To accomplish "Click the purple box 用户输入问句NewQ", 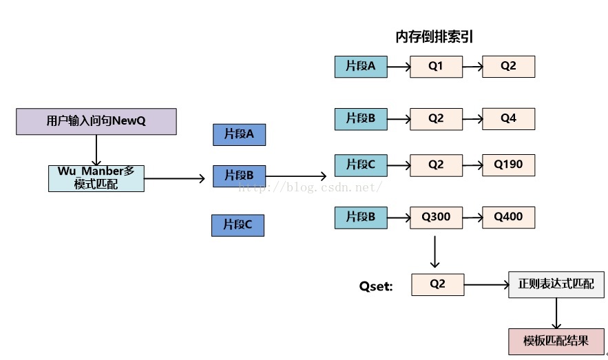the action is click(x=96, y=121).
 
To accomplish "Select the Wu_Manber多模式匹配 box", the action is click(x=96, y=178).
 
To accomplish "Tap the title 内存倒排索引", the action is click(x=434, y=36).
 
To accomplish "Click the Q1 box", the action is click(x=437, y=67).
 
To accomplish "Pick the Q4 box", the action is click(x=508, y=118).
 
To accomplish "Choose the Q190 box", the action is click(x=508, y=165).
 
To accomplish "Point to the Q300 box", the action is click(x=437, y=218).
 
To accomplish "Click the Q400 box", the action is click(x=508, y=218).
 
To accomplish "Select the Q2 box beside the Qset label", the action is click(x=438, y=284).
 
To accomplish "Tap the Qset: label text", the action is click(x=376, y=286).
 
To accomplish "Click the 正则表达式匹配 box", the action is click(x=556, y=284).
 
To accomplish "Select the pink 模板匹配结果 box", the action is click(x=556, y=341).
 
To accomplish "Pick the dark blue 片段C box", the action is click(x=238, y=225).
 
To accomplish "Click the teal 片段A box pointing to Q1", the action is click(x=361, y=67).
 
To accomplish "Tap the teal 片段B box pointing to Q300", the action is click(x=361, y=218).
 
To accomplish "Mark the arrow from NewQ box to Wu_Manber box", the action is click(x=96, y=150).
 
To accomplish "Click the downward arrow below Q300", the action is click(x=435, y=252).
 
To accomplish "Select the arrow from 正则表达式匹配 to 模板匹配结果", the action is click(x=556, y=313).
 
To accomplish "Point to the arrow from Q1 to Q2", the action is click(x=472, y=67).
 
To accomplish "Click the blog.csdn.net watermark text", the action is click(x=311, y=187).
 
